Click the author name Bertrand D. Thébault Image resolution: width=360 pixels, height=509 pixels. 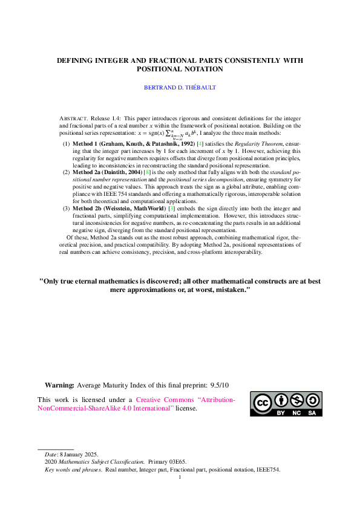[180, 88]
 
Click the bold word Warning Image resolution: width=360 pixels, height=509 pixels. [59, 384]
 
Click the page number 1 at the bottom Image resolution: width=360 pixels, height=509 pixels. [180, 477]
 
